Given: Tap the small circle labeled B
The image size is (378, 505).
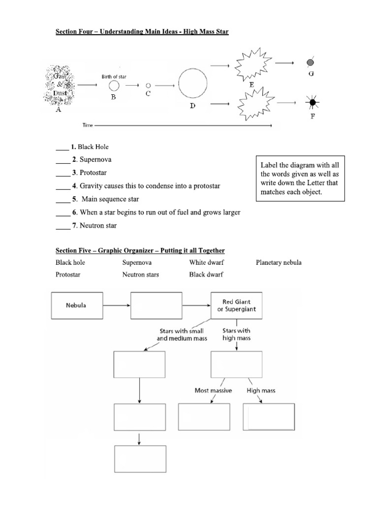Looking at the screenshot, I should pyautogui.click(x=113, y=85).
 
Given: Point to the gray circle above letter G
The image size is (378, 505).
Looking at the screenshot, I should pyautogui.click(x=311, y=63).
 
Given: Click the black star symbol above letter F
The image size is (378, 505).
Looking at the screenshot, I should pyautogui.click(x=311, y=103).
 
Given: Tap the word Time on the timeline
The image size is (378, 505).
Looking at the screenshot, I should pyautogui.click(x=87, y=126).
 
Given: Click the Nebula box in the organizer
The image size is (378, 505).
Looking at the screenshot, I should pyautogui.click(x=76, y=305).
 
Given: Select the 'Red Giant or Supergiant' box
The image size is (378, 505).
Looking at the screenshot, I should pyautogui.click(x=236, y=306).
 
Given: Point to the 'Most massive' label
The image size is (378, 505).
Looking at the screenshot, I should pyautogui.click(x=213, y=391).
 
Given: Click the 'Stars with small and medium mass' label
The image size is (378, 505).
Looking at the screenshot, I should pyautogui.click(x=181, y=335).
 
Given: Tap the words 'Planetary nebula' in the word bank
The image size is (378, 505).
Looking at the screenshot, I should pyautogui.click(x=279, y=262).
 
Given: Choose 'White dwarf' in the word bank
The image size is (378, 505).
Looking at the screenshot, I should pyautogui.click(x=206, y=262).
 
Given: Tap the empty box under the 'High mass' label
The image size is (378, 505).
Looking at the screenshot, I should pyautogui.click(x=269, y=417).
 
